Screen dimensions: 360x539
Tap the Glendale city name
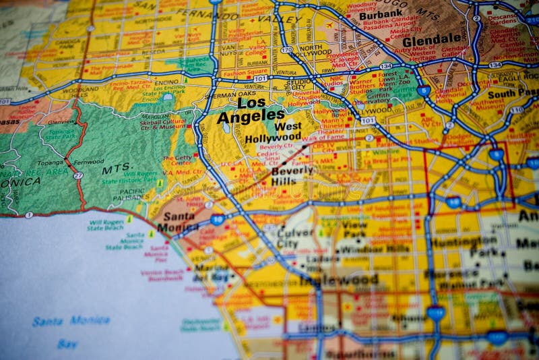coord(431,40)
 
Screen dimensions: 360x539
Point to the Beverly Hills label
coord(292,176)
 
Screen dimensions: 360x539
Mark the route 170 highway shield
coord(287,51)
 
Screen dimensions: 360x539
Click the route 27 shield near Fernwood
coord(78,175)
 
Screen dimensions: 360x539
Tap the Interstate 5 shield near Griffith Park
coord(423,90)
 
